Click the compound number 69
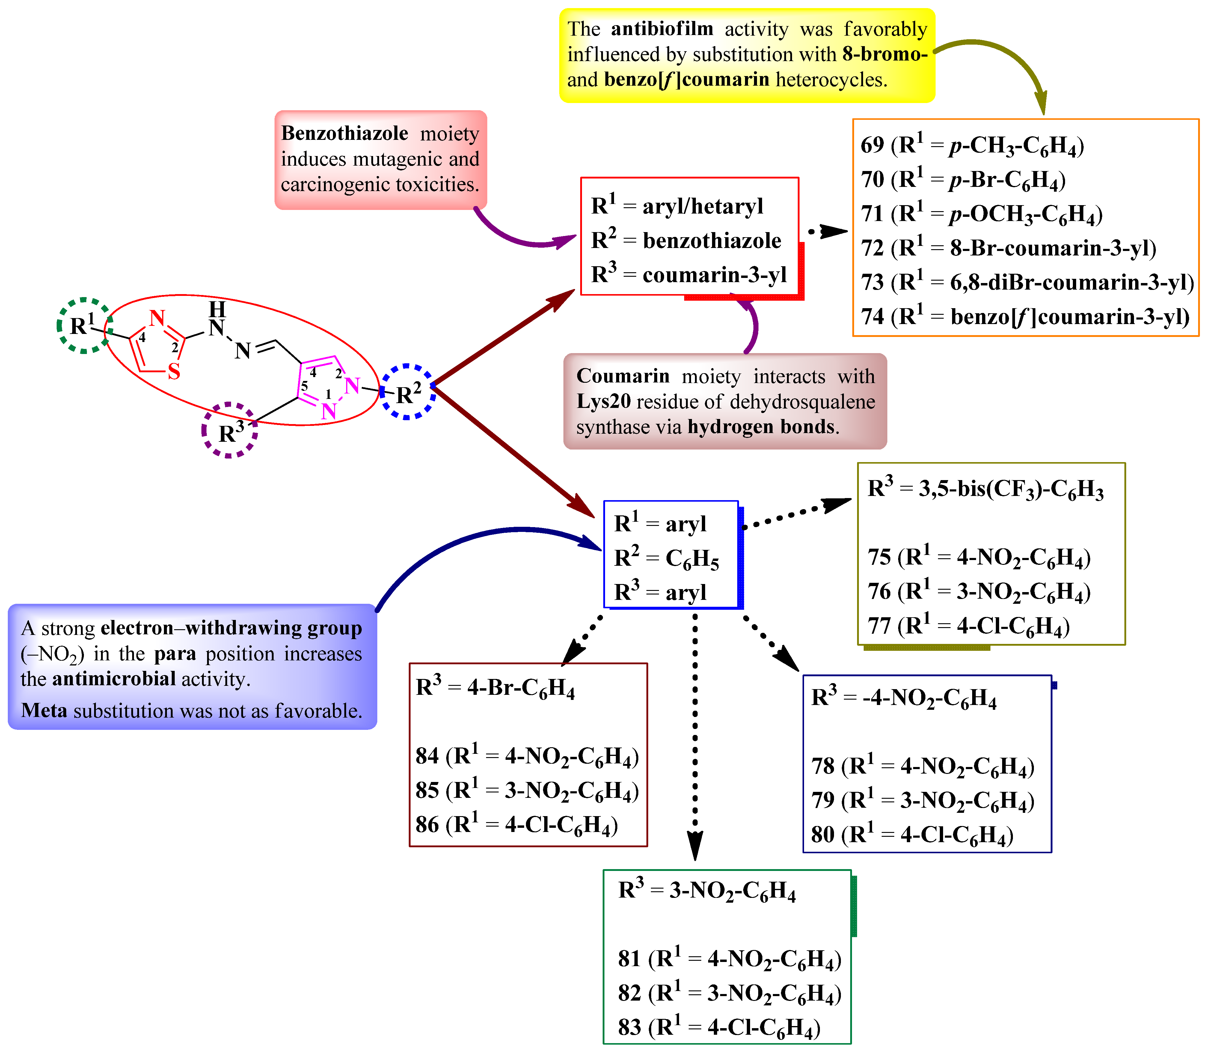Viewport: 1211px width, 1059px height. click(872, 145)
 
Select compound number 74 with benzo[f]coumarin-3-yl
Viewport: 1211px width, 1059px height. click(872, 317)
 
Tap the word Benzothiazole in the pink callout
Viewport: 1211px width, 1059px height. click(344, 134)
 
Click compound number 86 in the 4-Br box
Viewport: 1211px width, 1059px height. click(427, 825)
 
